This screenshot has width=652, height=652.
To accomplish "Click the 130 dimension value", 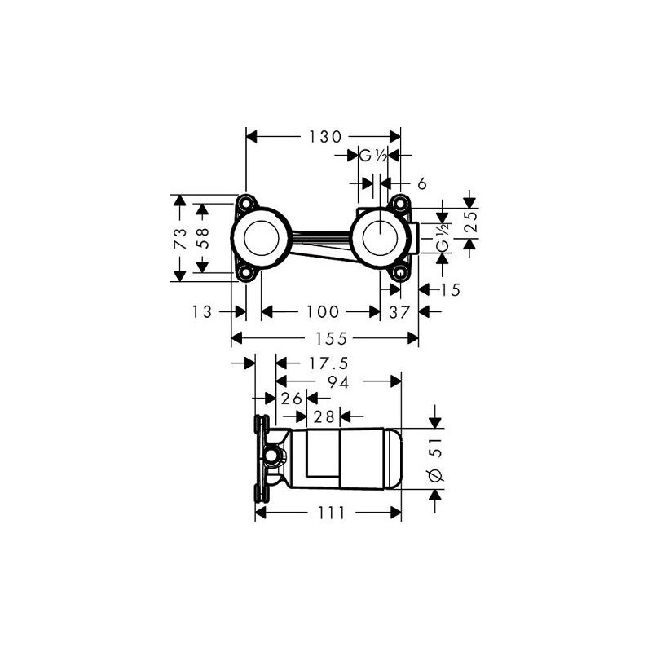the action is [x=324, y=137].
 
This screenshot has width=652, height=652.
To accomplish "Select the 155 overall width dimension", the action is [x=331, y=339].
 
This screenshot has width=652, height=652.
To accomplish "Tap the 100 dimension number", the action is [x=323, y=311].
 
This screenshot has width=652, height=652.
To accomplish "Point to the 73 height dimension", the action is [x=180, y=238].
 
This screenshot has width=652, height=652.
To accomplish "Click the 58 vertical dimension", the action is [x=202, y=238].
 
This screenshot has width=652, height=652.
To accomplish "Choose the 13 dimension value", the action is [x=202, y=311].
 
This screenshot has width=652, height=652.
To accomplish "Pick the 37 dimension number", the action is [x=399, y=311].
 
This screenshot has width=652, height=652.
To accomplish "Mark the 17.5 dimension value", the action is [x=328, y=363].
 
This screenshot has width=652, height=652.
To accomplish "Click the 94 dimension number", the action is [x=338, y=382].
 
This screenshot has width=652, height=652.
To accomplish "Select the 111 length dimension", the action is [x=332, y=513].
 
